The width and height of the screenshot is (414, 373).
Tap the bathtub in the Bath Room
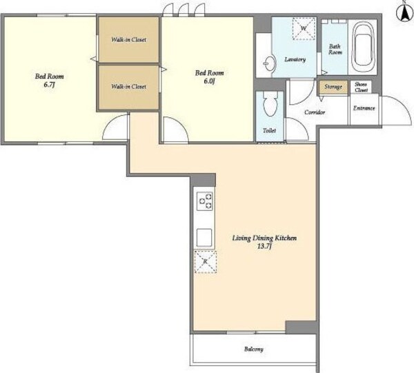tap(364, 46)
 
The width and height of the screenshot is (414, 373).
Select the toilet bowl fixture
tap(270, 104)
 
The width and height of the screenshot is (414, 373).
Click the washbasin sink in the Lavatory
tap(269, 63)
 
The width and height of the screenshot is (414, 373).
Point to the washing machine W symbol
tap(304, 28)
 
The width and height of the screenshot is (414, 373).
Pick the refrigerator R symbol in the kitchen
tap(206, 262)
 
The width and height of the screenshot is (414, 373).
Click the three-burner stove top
tap(205, 201)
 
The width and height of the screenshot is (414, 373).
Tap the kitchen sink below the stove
tap(204, 238)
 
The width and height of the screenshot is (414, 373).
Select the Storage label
tap(333, 87)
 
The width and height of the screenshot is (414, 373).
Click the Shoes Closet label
tap(361, 87)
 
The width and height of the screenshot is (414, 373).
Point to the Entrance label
tap(364, 108)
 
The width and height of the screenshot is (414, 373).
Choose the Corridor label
tap(315, 112)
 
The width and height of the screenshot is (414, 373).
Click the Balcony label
tap(254, 350)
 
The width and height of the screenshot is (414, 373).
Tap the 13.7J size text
tap(264, 247)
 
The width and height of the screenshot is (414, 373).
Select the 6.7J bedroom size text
tap(49, 85)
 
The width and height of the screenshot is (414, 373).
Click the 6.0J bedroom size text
tap(209, 81)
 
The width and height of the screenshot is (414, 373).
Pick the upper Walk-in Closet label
tap(128, 39)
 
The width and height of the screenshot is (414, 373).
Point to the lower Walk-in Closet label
tap(128, 86)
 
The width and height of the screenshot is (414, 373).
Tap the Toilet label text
tap(269, 130)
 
